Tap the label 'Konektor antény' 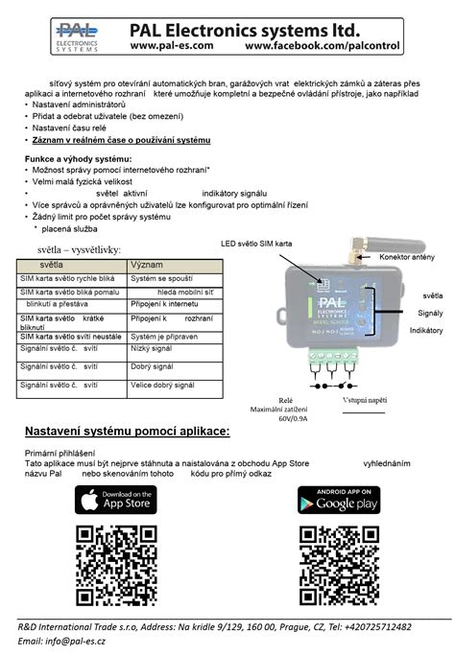tap(407, 258)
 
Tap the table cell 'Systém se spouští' tap(160, 276)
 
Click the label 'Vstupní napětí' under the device tap(364, 399)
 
